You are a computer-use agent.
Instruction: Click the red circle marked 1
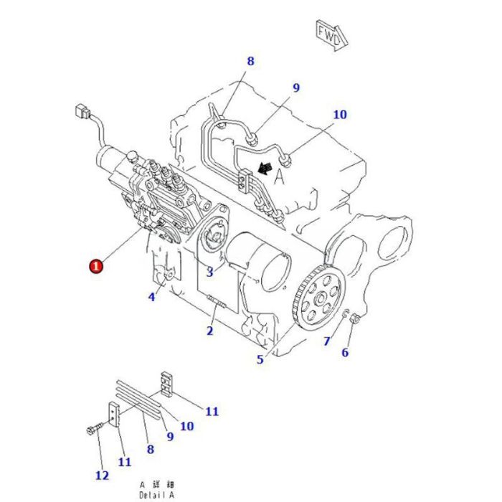[95, 266]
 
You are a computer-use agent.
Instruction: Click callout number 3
[209, 272]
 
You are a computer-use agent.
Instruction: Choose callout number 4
[152, 296]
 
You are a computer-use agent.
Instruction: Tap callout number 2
[209, 331]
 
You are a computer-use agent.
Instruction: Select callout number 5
[260, 359]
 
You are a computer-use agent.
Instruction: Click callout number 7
[326, 341]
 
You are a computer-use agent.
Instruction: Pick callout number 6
[344, 352]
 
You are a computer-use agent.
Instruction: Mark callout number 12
[101, 475]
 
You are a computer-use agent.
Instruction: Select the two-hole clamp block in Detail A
[166, 383]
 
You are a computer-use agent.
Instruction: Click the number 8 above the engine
[250, 62]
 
